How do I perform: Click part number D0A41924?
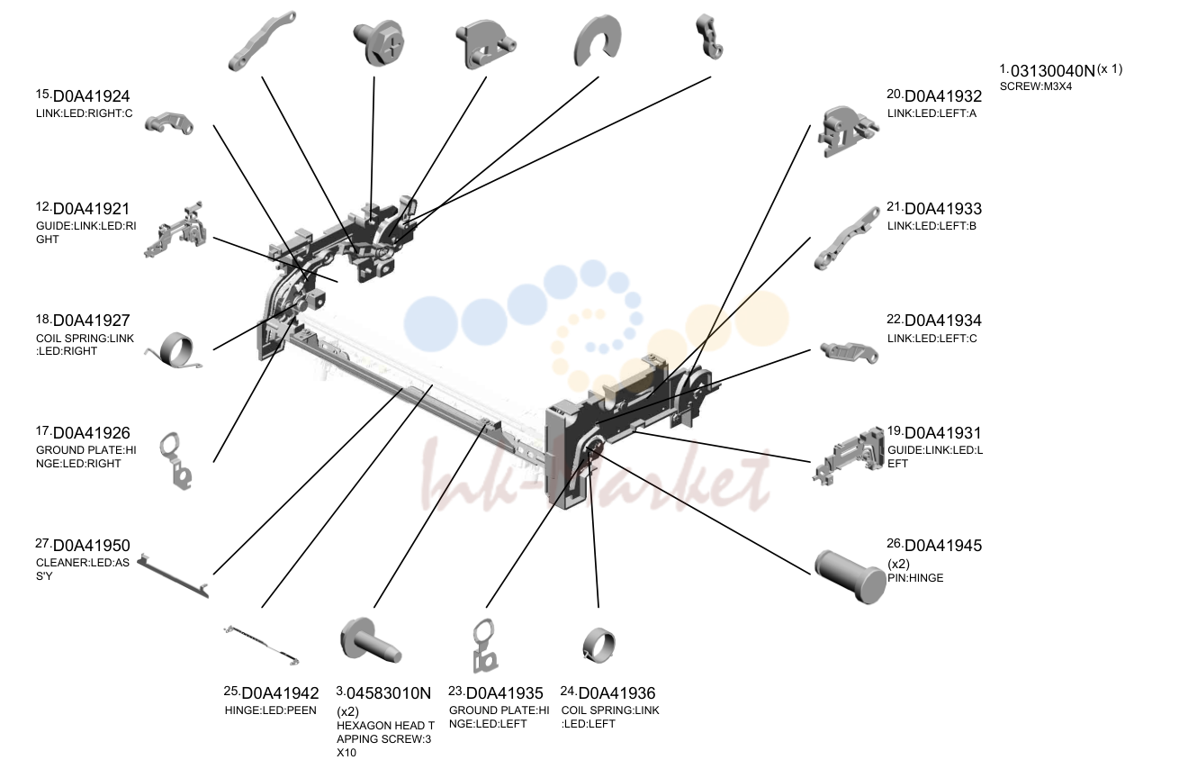pos(92,96)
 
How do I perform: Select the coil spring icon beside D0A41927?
pos(175,350)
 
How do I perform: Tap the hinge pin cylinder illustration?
pos(850,576)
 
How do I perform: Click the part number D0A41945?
pos(943,546)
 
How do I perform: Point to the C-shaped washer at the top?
pos(598,41)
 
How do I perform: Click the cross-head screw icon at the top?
pos(379,42)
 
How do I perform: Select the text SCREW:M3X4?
pos(1036,86)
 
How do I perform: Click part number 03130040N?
pos(1053,70)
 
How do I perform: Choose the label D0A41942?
pos(280,693)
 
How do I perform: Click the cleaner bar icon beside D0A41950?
pos(173,576)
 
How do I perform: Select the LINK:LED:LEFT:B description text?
pos(932,226)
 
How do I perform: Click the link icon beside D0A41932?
pos(847,131)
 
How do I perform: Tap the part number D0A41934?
pos(943,321)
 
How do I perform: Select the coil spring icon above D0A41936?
pos(598,646)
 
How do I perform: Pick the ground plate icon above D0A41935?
pos(485,646)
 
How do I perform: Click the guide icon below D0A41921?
pos(175,231)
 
